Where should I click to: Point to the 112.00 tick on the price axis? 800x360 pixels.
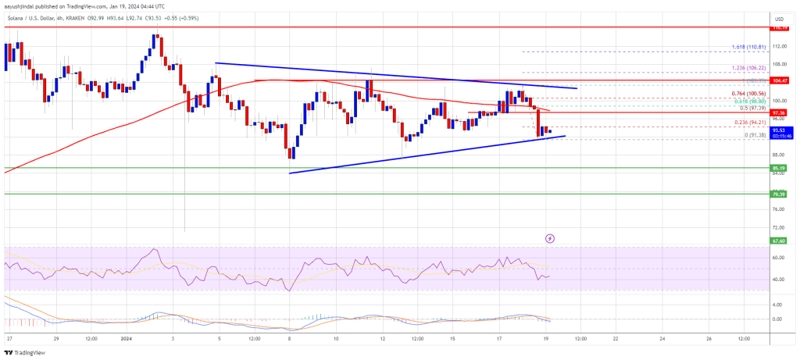coord(778,46)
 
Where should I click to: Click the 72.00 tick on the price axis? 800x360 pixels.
coord(778,227)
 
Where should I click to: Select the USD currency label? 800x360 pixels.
coord(778,18)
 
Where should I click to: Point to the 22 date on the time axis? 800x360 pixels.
coord(616,339)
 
